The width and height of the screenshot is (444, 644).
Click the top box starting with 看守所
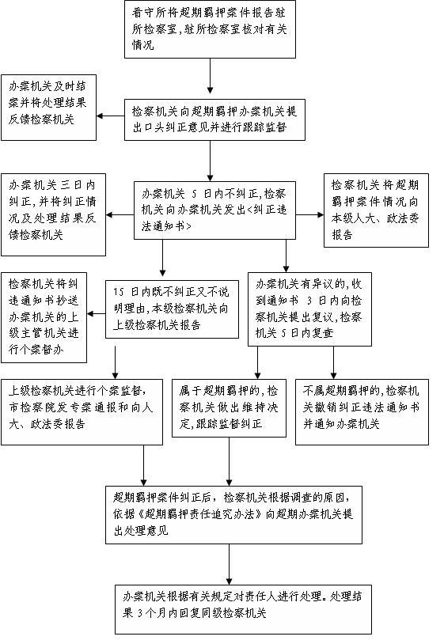210,29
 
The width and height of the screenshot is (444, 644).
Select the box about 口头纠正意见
214,119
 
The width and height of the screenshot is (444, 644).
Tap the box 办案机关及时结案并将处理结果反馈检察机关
48,108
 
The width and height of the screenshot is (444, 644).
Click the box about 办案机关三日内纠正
53,214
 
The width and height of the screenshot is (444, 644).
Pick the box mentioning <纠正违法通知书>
214,210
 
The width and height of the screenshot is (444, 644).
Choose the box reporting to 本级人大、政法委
376,210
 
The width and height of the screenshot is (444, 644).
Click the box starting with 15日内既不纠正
172,309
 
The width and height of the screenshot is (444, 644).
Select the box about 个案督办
44,317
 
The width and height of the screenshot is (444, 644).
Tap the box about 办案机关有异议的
309,309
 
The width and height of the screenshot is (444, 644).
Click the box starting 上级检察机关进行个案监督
82,412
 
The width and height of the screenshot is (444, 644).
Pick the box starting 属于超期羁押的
230,407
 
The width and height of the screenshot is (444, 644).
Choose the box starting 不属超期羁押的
362,412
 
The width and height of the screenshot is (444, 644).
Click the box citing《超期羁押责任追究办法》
233,515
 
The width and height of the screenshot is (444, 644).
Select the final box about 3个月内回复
243,609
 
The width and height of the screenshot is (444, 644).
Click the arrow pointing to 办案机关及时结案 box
111,116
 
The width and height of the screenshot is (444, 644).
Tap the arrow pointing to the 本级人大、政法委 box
309,214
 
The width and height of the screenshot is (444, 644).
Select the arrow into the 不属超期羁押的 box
333,362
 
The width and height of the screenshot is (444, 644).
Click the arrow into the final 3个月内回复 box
230,564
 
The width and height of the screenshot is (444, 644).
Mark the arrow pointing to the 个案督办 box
96,314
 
